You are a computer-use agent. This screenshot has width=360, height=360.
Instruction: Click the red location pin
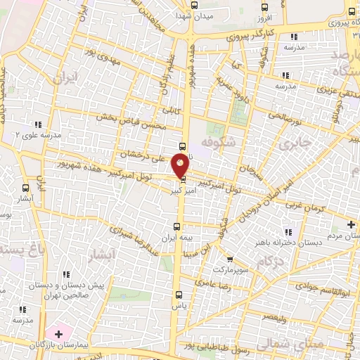point(181,166)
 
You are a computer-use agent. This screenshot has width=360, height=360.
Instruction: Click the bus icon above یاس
point(177,294)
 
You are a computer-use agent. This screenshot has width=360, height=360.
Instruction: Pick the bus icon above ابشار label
point(26,188)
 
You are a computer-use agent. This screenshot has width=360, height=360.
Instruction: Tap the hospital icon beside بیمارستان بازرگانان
point(58,331)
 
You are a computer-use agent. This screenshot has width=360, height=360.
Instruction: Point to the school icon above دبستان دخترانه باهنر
point(287,232)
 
